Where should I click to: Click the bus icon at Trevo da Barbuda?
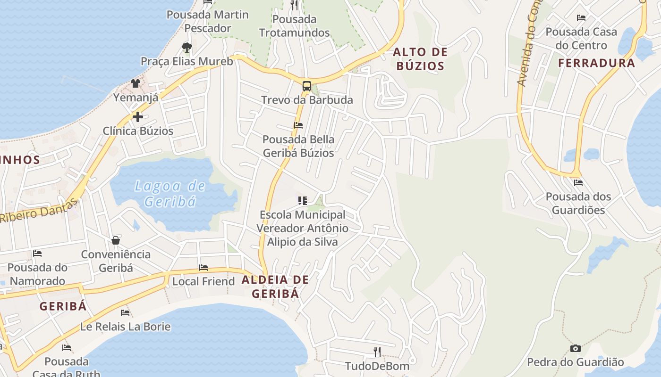pos(307,86)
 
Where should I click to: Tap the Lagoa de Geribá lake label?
pos(170,194)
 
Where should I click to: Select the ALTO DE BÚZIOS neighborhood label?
pos(420,59)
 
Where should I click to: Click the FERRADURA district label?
pos(597,63)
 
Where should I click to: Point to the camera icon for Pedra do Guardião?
pos(576,348)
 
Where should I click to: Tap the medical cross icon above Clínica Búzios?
pos(138,116)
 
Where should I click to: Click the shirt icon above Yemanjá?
pos(136,83)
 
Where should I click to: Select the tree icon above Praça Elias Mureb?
pos(187,47)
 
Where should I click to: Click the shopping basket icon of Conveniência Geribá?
pos(116,240)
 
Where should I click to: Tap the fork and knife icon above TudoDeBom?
pos(377,352)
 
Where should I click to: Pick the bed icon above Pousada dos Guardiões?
pos(578,182)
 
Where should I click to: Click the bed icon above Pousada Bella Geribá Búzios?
pos(298,125)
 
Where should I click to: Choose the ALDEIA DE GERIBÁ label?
pos(275,287)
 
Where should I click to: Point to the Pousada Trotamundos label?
pos(294,26)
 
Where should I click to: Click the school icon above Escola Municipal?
pos(303,201)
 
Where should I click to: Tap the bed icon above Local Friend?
pos(203,268)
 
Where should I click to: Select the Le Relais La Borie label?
pos(125,326)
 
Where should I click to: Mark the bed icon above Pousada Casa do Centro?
pos(581,18)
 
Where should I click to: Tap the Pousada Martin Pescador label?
pos(208,21)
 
